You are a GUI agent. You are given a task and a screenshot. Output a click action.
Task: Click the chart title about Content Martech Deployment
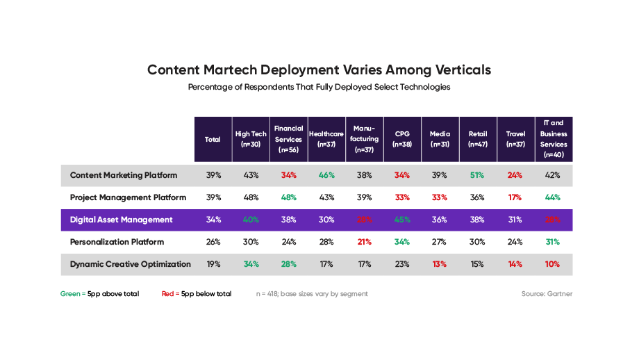coord(319,70)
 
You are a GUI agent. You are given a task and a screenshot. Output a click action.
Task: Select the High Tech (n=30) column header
coord(251,139)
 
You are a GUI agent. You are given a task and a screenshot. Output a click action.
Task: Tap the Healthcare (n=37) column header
coord(326,139)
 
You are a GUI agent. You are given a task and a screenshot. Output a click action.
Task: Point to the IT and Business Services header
coord(554,139)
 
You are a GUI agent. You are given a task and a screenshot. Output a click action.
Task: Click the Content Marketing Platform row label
coord(124,175)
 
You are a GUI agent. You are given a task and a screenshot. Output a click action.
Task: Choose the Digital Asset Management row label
coord(121,220)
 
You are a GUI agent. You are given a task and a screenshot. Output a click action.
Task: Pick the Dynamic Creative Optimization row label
coord(131,264)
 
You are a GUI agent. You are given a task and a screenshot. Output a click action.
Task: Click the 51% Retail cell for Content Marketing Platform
coord(477,175)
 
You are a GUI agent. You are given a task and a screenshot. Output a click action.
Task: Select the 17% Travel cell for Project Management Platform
coord(515,197)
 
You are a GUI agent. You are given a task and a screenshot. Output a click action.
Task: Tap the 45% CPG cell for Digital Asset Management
coord(402,220)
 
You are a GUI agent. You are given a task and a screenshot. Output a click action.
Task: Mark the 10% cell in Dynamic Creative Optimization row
coord(554,264)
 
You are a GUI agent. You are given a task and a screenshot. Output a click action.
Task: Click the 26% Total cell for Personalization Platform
coord(213,242)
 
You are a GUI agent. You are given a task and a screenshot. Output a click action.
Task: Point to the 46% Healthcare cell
coord(326,175)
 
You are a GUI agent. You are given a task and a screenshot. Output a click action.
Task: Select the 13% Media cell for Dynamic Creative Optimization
coord(439,264)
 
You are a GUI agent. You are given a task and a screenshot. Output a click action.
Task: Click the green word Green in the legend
coord(69,294)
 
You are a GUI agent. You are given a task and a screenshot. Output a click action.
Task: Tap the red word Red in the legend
coord(167,294)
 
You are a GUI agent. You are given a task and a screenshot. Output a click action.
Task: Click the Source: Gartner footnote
coord(547,294)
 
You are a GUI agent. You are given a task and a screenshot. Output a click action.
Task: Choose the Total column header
coord(213,140)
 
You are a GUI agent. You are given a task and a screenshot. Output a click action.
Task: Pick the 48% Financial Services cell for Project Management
coord(288,197)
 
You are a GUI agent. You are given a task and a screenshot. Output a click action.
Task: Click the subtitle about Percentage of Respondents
coord(319,88)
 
